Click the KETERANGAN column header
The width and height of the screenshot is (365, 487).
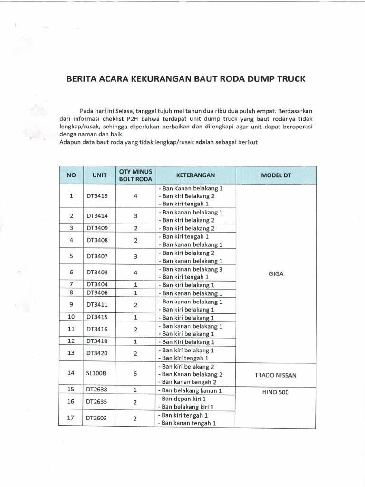tap(196, 175)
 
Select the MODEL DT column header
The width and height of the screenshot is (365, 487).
tap(276, 175)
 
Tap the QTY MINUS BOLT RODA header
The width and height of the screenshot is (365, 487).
tap(135, 175)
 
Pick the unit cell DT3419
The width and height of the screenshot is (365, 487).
tap(97, 195)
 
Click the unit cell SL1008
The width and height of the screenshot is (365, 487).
tap(96, 374)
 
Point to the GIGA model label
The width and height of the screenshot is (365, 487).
tap(276, 273)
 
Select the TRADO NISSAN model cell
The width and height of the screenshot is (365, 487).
tap(276, 375)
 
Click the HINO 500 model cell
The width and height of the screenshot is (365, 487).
tap(276, 392)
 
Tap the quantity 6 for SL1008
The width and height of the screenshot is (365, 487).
tap(135, 374)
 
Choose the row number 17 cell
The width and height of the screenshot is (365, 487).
tap(71, 419)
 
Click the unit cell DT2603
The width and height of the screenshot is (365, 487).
tap(97, 419)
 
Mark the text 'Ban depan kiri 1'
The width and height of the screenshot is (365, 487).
tap(185, 399)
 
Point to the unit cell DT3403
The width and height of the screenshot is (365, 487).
tap(97, 273)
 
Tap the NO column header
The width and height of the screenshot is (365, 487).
tap(71, 175)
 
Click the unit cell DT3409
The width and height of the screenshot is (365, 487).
tap(97, 228)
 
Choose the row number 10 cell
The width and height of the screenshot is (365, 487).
tap(71, 317)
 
